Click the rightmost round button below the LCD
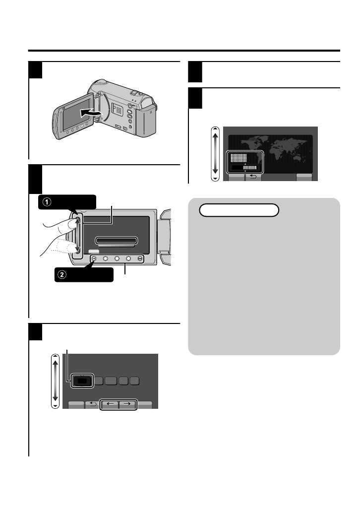140,258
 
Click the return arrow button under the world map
253,177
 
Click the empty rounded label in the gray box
239,210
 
